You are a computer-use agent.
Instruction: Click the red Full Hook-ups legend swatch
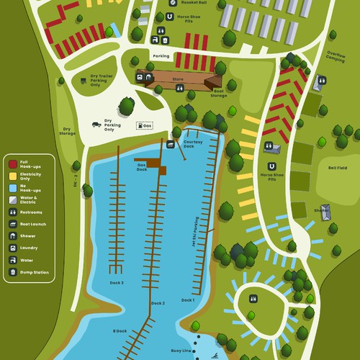click(x=13, y=163)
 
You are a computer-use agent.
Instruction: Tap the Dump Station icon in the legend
click(x=13, y=272)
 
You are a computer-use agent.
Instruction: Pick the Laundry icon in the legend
click(x=13, y=248)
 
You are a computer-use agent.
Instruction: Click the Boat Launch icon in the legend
click(x=13, y=224)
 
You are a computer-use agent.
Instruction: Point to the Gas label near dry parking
click(x=147, y=125)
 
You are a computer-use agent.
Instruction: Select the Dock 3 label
click(x=117, y=283)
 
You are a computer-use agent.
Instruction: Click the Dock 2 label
click(x=158, y=303)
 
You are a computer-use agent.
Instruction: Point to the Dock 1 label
click(x=187, y=300)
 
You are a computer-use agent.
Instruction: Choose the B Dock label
click(x=120, y=330)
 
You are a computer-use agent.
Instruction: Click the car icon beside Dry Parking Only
click(x=95, y=125)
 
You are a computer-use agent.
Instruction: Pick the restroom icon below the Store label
click(x=179, y=88)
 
